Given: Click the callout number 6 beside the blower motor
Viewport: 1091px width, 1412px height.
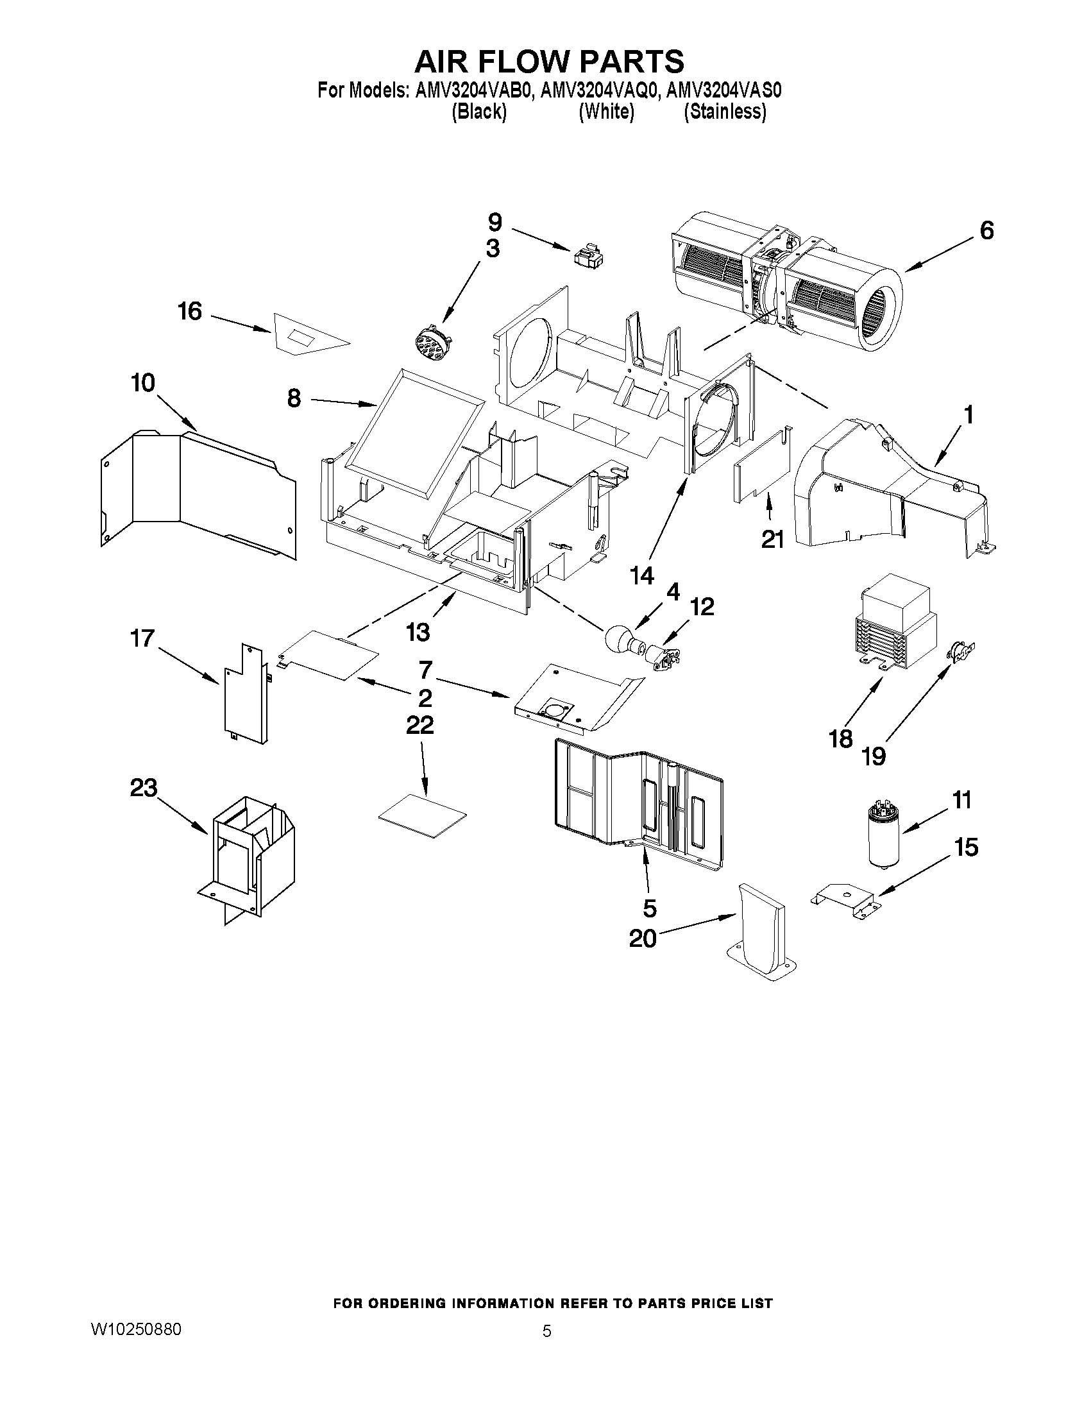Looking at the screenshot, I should (986, 231).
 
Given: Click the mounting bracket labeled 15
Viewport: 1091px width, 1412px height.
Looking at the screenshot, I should (845, 899).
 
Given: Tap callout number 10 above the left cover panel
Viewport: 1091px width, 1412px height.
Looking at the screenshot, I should (143, 384).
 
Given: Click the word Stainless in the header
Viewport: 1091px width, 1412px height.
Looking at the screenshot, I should (725, 112).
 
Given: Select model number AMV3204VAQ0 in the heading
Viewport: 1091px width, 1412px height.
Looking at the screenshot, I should (598, 90).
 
